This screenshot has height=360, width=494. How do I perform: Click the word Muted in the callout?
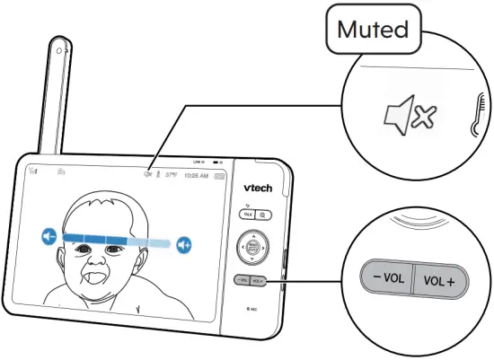point(372,30)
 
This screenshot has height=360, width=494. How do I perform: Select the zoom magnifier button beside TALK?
point(260,215)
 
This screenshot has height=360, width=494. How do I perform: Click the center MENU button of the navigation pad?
point(252,246)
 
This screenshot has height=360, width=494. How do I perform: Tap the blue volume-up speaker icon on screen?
point(185,242)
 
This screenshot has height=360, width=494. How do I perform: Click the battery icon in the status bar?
point(216,178)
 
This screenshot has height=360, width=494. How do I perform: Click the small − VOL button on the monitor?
point(243,281)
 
